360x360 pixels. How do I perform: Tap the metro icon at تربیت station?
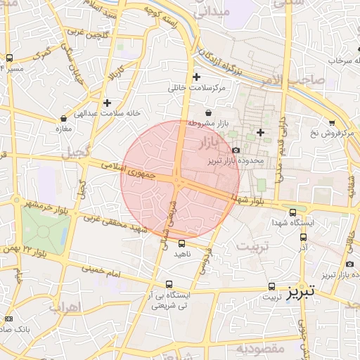[x=271, y=287]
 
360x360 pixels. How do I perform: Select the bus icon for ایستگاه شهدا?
[x=292, y=212]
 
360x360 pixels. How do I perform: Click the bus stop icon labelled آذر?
[x=303, y=238]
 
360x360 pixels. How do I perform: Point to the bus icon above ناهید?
[x=182, y=243]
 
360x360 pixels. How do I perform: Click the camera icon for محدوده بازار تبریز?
[x=235, y=150]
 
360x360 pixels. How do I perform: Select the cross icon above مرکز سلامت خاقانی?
[x=196, y=77]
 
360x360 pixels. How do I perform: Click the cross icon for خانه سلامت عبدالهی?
[x=106, y=103]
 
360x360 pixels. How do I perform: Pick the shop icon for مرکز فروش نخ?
[x=331, y=122]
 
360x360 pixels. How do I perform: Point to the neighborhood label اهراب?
[x=66, y=307]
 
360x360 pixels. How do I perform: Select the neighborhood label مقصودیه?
[x=259, y=349]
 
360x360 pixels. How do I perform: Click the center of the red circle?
[x=180, y=180]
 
